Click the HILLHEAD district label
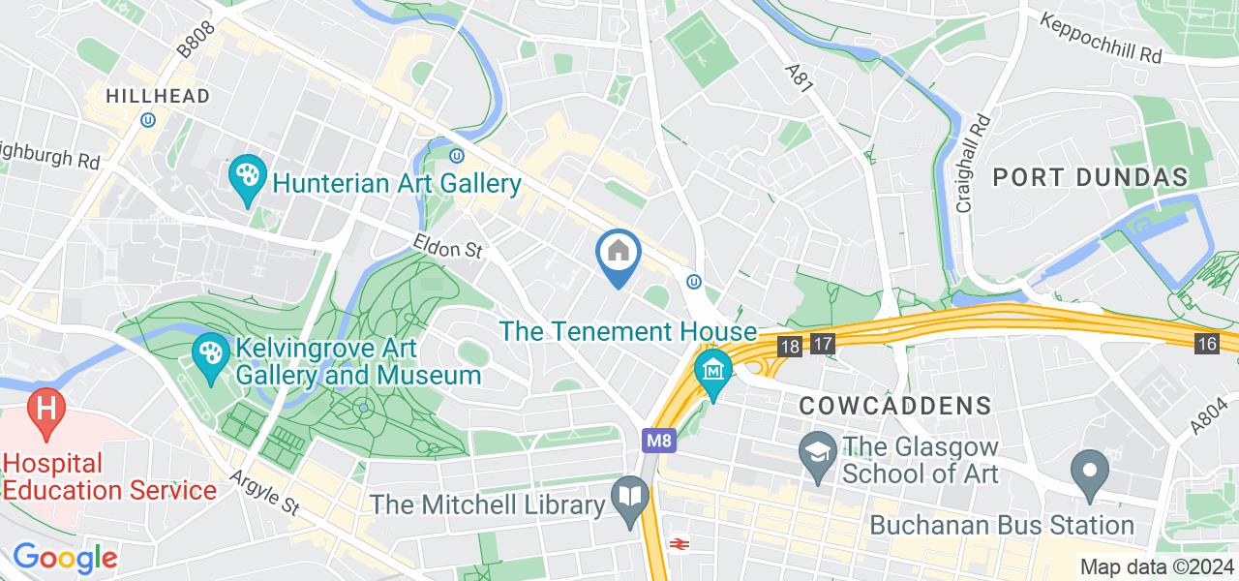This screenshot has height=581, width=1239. [x=157, y=96]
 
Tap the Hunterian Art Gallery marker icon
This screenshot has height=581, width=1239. [x=248, y=178]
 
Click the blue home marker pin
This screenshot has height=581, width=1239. [x=618, y=256]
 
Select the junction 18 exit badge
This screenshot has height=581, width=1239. [x=790, y=345]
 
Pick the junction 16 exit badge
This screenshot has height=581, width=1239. [x=1206, y=344]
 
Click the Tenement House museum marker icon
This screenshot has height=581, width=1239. [x=714, y=373]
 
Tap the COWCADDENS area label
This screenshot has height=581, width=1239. [x=895, y=406]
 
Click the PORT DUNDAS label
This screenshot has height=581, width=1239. [x=1090, y=177]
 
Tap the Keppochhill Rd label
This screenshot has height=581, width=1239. [x=1101, y=39]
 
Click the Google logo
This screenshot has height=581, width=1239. [x=65, y=558]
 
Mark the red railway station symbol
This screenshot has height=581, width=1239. [x=679, y=544]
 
